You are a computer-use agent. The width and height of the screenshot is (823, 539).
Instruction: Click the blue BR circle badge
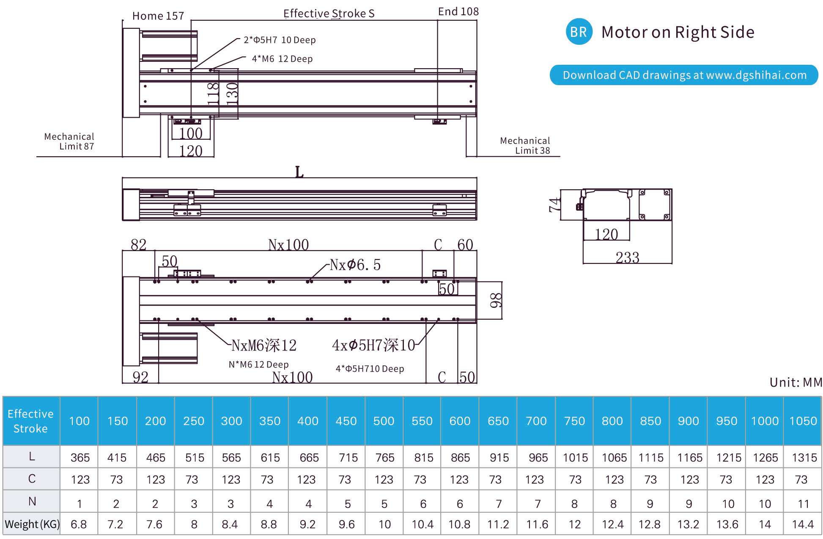coord(579,32)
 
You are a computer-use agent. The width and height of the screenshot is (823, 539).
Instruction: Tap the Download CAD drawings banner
coord(684,75)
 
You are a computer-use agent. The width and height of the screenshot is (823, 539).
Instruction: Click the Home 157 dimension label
coord(158,16)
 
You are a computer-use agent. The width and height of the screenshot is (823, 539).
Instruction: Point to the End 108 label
coord(458,12)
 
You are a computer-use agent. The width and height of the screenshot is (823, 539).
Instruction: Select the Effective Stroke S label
coord(329,14)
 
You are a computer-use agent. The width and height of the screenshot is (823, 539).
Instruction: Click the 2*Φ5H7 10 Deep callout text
coord(280,40)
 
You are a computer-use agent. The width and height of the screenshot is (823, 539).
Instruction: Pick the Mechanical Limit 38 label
coord(525,146)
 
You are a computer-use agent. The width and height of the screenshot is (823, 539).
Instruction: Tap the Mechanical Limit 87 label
coord(69,141)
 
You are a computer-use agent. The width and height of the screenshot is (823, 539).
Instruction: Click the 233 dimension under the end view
coord(627,257)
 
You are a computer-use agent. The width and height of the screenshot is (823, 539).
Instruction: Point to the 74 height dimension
coord(554,205)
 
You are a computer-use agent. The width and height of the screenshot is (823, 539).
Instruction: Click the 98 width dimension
coord(496,300)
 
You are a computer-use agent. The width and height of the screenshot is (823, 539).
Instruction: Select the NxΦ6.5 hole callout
coord(355,265)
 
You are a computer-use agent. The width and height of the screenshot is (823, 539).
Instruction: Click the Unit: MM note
coord(796,382)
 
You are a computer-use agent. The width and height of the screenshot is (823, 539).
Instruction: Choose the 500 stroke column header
coord(384,421)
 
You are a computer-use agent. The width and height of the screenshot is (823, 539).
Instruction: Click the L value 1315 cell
coord(804,458)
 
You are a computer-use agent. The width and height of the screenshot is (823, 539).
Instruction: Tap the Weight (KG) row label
coord(32,524)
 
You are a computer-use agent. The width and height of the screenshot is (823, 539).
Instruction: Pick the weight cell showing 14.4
coord(803,525)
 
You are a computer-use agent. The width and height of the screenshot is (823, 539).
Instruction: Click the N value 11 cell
coord(803,504)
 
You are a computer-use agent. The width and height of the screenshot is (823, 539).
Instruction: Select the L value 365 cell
coord(80,458)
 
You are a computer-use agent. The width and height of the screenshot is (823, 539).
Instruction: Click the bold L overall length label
coord(299,172)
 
